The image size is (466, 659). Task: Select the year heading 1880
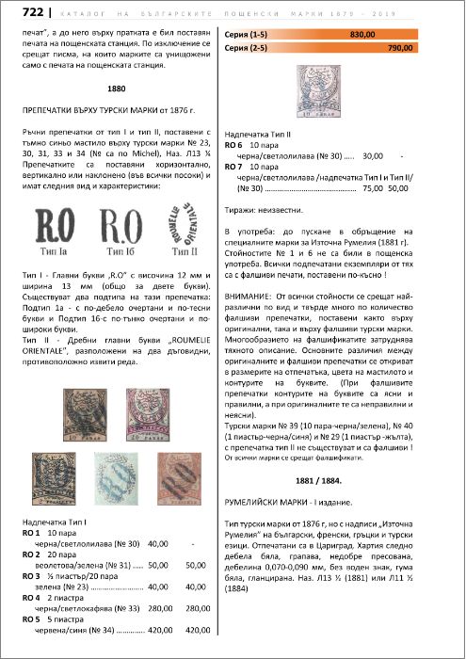117,88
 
